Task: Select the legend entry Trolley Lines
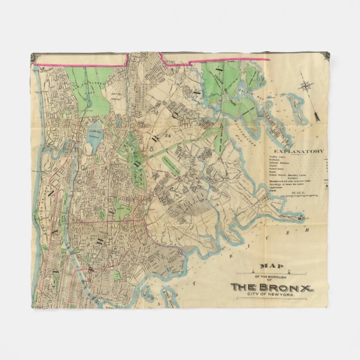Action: pos(278,157)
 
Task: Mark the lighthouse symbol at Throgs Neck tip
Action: pos(300,217)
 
